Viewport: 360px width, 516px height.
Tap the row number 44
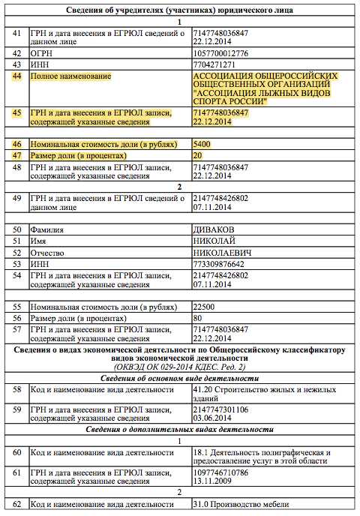pyautogui.click(x=16, y=76)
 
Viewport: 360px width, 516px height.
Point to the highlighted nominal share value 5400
pyautogui.click(x=202, y=143)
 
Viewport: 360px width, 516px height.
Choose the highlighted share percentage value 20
pyautogui.click(x=198, y=155)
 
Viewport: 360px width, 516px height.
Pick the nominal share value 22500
pyautogui.click(x=205, y=307)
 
